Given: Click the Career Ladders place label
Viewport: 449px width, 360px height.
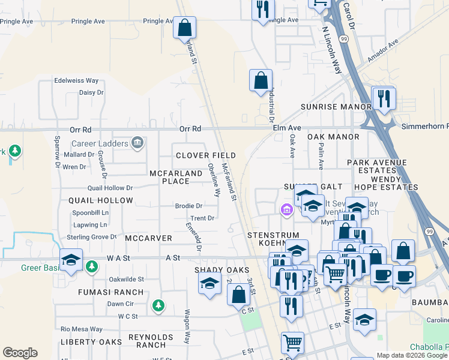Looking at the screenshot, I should (x=100, y=143).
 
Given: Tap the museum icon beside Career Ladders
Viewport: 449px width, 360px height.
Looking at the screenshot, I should (x=137, y=143).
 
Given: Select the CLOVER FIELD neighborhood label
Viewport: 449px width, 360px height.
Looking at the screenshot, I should (x=206, y=155).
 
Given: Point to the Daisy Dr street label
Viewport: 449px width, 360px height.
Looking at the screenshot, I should (x=91, y=92).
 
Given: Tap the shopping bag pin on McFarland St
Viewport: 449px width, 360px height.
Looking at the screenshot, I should (x=184, y=28).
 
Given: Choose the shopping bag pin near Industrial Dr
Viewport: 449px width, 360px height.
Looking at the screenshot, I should (x=261, y=80).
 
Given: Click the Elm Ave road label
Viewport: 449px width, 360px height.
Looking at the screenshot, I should (x=287, y=128).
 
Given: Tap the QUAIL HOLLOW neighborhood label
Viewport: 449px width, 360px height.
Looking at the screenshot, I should (x=101, y=200).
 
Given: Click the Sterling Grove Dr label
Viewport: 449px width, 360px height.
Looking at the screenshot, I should (x=91, y=237).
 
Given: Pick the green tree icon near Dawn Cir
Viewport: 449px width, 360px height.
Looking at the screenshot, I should (x=158, y=305).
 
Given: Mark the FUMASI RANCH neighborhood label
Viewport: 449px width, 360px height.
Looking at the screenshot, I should (x=110, y=292).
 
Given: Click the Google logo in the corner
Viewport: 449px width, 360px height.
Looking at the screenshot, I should (x=20, y=353).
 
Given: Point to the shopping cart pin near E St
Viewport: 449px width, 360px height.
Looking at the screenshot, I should (x=292, y=343).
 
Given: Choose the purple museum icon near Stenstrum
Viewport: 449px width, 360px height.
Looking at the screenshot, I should (x=286, y=210).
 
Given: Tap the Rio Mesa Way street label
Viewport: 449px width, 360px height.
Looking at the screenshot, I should (x=79, y=329).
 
